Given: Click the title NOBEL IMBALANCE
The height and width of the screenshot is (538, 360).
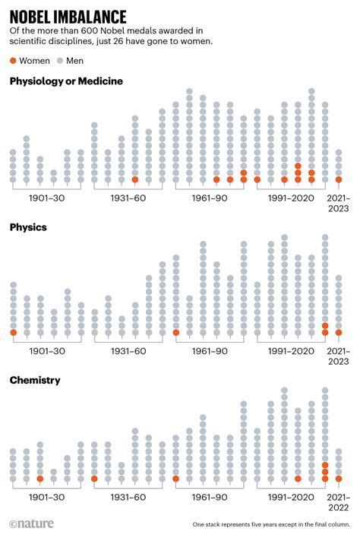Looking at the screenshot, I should [x=68, y=14].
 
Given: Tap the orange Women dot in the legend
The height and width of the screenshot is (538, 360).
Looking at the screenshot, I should [x=13, y=60].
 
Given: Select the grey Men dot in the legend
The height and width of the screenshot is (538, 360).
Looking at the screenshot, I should [x=60, y=60].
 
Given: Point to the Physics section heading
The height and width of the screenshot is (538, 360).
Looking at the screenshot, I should [x=28, y=227].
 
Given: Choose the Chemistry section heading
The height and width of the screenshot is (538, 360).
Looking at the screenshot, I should [x=35, y=379].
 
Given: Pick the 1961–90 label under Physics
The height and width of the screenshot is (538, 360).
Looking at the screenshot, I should [x=210, y=351].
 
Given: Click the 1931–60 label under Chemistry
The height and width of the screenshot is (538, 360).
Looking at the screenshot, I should [x=128, y=498].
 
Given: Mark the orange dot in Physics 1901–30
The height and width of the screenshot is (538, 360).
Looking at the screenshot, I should [x=13, y=332].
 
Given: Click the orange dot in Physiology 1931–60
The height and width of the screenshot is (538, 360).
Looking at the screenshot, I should [x=135, y=180].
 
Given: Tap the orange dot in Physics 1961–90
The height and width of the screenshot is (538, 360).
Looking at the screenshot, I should [x=176, y=332].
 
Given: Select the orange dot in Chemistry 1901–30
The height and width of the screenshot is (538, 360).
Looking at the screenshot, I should [x=40, y=479].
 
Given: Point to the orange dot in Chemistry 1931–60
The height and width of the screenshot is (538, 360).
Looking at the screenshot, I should [x=94, y=479].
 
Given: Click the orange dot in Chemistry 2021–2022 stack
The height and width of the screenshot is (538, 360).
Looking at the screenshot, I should [x=339, y=479].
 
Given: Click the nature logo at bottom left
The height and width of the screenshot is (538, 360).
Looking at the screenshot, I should [x=30, y=524].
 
